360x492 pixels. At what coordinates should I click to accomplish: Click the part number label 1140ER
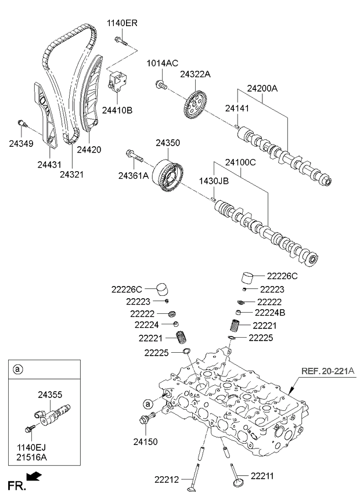(122, 23)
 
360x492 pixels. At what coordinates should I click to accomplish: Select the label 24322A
(195, 74)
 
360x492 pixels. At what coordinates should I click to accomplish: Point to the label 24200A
(262, 89)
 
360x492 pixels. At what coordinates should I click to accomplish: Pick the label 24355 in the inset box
(50, 395)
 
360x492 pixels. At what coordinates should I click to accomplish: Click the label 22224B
(271, 312)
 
